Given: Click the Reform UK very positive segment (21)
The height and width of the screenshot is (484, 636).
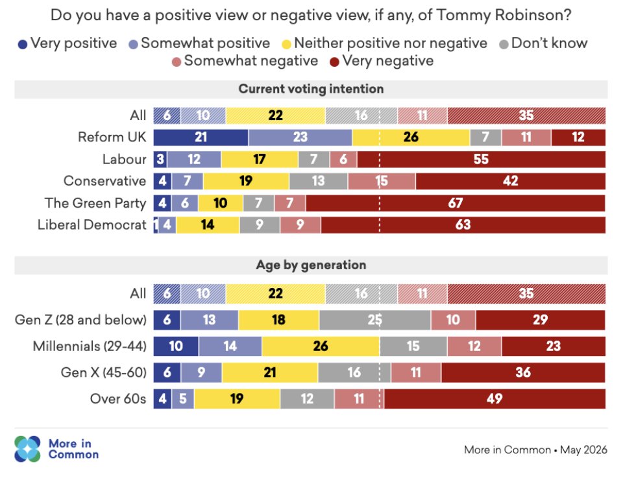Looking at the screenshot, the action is click(201, 138).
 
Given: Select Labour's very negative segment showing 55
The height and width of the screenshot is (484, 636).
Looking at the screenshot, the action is click(482, 160).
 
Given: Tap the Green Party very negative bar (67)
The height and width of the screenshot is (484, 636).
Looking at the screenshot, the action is click(456, 203).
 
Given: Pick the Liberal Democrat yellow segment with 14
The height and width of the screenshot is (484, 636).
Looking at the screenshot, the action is click(208, 225).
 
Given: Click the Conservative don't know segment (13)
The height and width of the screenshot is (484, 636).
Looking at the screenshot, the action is click(319, 181).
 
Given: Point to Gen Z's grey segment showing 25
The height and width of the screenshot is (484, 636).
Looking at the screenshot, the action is click(375, 321).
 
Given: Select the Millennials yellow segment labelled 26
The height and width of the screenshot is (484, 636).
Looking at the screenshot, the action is click(321, 346).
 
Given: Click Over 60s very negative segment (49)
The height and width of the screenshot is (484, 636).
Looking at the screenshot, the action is click(495, 399).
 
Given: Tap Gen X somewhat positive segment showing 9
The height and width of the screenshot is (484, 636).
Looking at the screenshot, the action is click(202, 373).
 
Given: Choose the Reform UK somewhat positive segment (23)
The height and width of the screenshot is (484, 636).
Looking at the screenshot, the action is click(300, 138).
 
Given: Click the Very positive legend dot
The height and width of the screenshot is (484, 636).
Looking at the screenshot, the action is click(23, 44).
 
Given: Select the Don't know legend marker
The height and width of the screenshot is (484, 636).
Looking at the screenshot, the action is click(504, 44).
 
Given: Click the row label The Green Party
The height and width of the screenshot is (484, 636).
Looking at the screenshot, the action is click(95, 203).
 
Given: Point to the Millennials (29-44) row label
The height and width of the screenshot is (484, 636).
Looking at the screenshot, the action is click(90, 346).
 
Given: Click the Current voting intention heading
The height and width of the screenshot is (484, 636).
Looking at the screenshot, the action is click(311, 89).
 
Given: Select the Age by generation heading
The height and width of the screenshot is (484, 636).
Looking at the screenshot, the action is click(311, 265).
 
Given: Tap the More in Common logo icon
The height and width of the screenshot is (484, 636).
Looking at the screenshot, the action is click(27, 449).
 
